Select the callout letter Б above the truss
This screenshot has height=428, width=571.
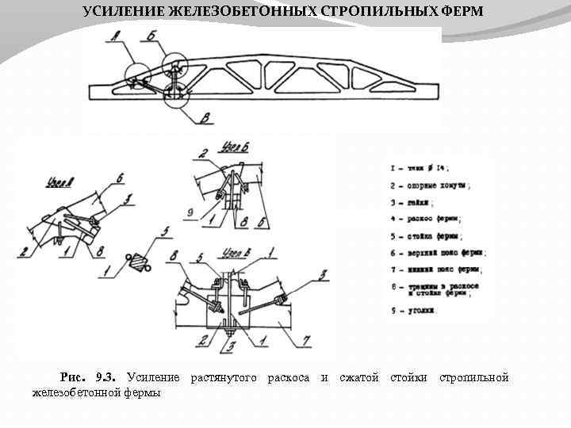click(150, 37)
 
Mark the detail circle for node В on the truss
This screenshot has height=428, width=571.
click(174, 93)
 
